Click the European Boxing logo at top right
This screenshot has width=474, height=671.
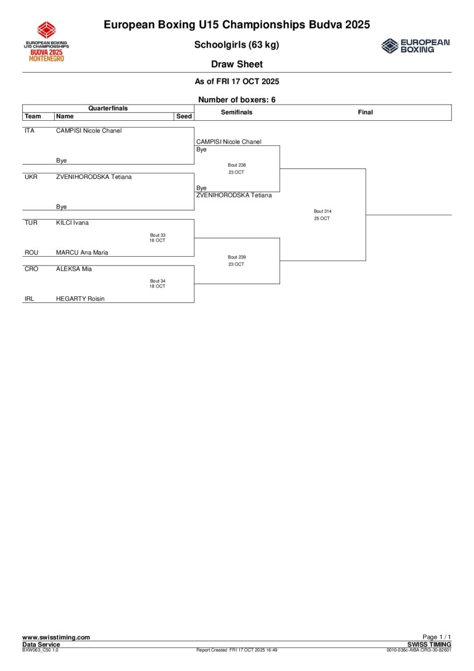pyautogui.click(x=415, y=46)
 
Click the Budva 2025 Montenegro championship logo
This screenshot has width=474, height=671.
pyautogui.click(x=46, y=41)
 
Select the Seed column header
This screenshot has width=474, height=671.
pyautogui.click(x=184, y=116)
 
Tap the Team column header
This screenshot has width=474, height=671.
pyautogui.click(x=33, y=116)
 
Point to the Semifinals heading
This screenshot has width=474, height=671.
pyautogui.click(x=236, y=112)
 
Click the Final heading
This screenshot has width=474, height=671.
pyautogui.click(x=365, y=112)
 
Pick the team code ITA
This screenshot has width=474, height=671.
pyautogui.click(x=30, y=131)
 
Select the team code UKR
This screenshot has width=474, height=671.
pyautogui.click(x=31, y=177)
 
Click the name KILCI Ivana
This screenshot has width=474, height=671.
pyautogui.click(x=72, y=223)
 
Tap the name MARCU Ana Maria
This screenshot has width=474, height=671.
pyautogui.click(x=82, y=252)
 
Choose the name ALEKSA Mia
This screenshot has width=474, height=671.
pyautogui.click(x=74, y=269)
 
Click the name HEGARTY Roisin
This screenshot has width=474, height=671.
pyautogui.click(x=80, y=299)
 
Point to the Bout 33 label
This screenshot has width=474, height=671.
pyautogui.click(x=158, y=235)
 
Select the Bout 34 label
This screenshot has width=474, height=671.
pyautogui.click(x=158, y=281)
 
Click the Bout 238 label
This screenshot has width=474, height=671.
pyautogui.click(x=236, y=165)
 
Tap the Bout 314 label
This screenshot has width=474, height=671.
pyautogui.click(x=323, y=211)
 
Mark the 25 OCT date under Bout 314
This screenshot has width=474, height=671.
pyautogui.click(x=322, y=219)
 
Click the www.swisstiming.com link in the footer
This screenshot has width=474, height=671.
pyautogui.click(x=56, y=637)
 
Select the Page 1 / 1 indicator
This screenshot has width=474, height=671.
pyautogui.click(x=437, y=637)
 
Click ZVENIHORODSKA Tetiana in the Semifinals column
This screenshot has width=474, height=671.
pyautogui.click(x=234, y=195)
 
